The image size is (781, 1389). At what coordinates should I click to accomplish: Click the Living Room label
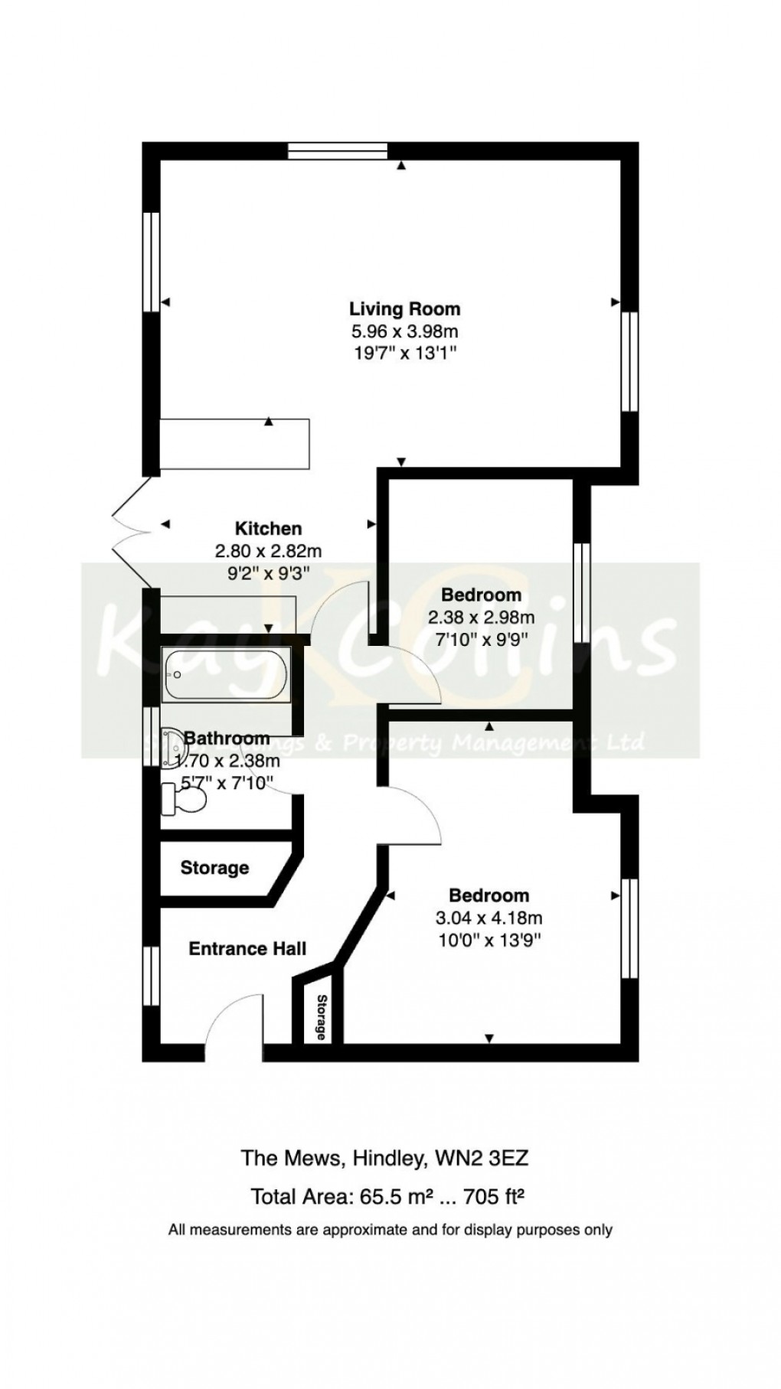(404, 309)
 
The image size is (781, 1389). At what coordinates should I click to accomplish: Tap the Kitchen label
(268, 528)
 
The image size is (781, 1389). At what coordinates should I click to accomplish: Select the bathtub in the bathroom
(225, 676)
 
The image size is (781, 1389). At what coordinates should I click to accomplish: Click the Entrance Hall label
(247, 949)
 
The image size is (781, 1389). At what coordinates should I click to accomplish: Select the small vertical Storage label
(322, 1017)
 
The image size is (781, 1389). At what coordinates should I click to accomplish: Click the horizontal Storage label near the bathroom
(214, 868)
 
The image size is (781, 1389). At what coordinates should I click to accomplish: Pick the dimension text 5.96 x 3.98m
(404, 331)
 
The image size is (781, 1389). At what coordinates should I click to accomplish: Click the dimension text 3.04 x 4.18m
(489, 918)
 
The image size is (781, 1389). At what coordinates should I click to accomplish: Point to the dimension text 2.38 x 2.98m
(482, 617)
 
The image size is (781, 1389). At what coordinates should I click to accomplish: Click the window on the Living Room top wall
(338, 151)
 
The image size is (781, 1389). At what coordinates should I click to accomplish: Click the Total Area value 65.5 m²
(392, 1195)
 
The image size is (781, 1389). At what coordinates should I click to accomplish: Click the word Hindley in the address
(385, 1158)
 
